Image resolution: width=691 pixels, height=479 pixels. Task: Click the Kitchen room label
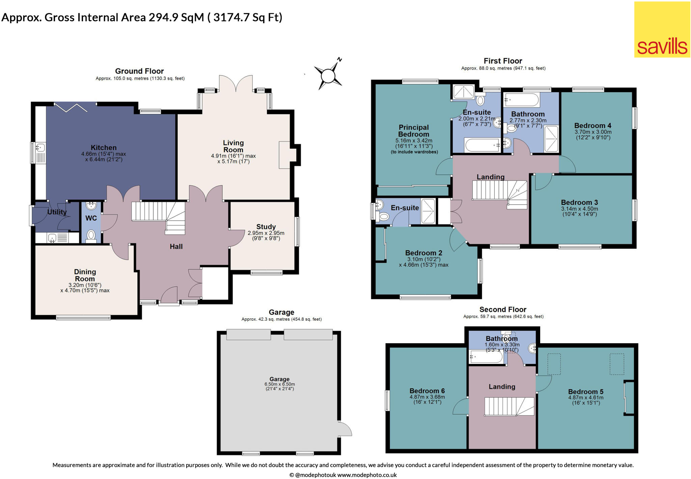click(104, 148)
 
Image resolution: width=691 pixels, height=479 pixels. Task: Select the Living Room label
click(233, 146)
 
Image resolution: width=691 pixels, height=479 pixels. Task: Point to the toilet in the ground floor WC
click(91, 236)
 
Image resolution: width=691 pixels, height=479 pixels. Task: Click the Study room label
click(266, 227)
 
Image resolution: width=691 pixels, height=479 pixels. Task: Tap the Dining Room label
click(85, 275)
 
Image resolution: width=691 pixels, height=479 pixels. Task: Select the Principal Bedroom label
click(414, 131)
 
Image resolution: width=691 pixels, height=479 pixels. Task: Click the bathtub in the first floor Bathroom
click(522, 100)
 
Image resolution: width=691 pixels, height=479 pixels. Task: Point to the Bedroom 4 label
click(593, 126)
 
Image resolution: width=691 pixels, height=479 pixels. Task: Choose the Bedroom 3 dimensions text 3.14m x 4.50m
click(580, 209)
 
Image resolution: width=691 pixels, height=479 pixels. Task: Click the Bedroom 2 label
click(424, 253)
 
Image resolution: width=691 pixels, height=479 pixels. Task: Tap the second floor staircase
click(509, 406)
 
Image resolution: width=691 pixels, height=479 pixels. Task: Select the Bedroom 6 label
click(427, 391)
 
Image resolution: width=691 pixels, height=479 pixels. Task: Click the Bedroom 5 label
click(586, 392)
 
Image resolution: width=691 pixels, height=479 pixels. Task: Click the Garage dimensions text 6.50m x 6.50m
click(280, 384)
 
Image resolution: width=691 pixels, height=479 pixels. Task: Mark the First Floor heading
click(503, 61)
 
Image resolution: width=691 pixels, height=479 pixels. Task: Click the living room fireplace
click(284, 155)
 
